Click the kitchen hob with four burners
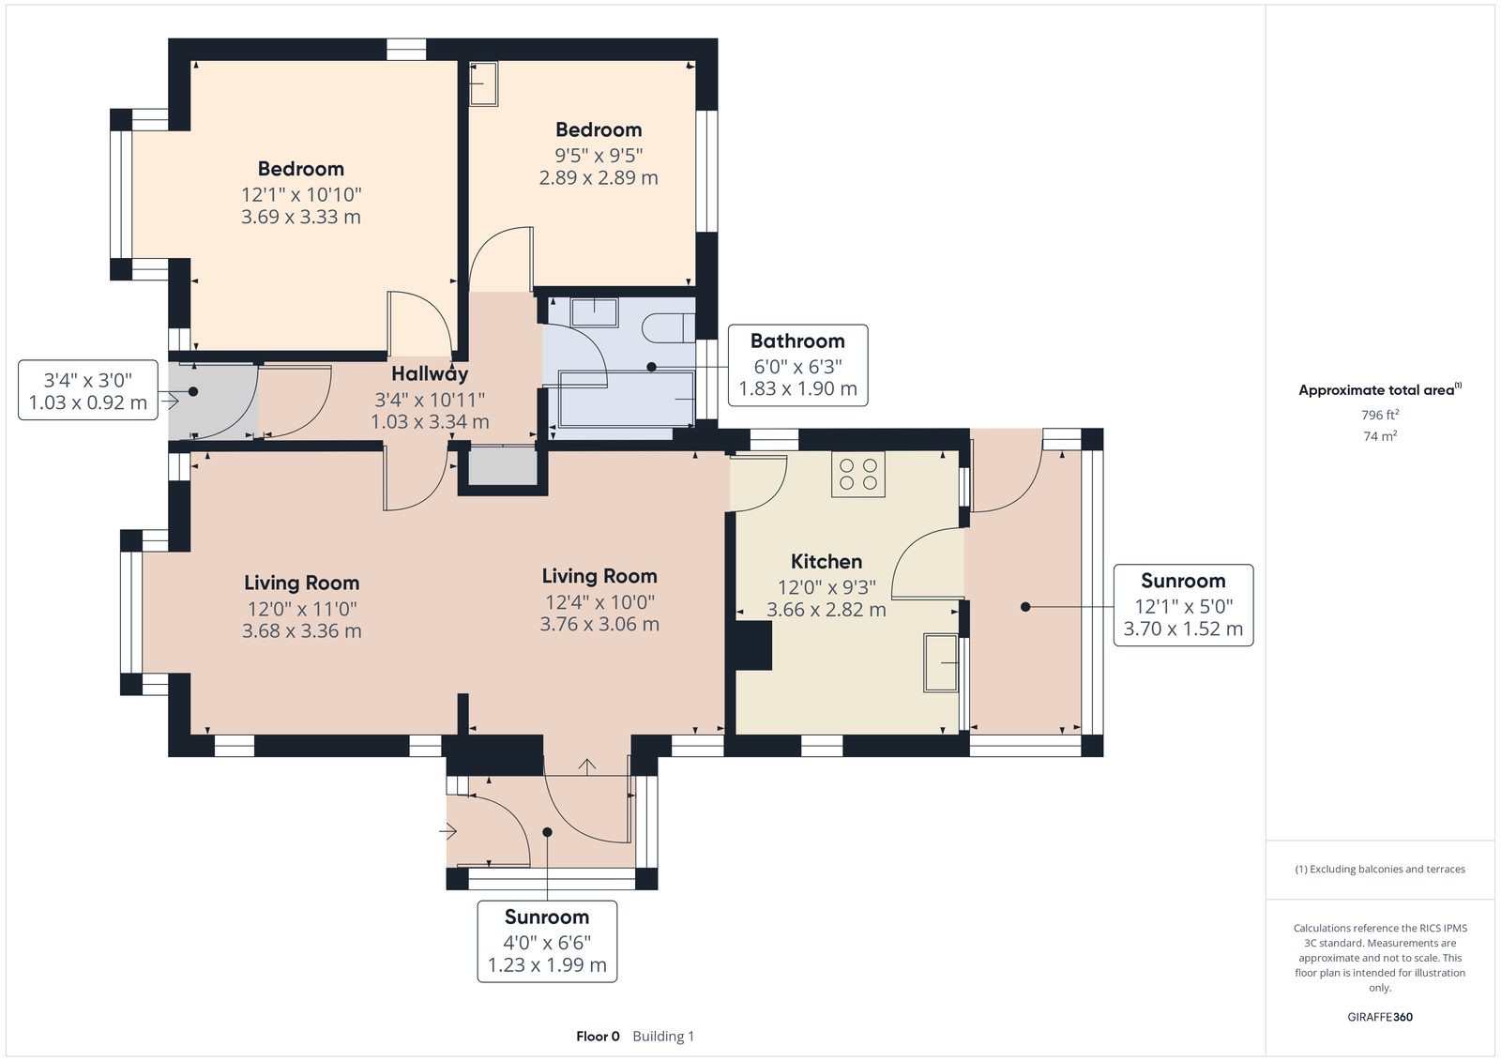tap(857, 474)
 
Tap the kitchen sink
tap(941, 662)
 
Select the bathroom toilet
tap(669, 327)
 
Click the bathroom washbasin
tap(594, 312)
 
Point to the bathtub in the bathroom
tap(625, 399)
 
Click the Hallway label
tap(430, 373)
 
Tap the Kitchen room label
tap(826, 561)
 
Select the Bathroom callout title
tap(797, 341)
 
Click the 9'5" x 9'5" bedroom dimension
tap(599, 156)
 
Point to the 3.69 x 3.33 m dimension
tap(301, 217)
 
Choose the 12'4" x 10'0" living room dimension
tap(599, 602)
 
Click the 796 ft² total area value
tap(1380, 415)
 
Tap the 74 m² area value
tap(1380, 436)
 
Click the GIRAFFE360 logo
tap(1380, 1017)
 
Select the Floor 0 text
tap(598, 1037)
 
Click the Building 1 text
tap(663, 1037)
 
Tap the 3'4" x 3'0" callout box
tap(88, 390)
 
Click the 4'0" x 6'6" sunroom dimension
tap(547, 943)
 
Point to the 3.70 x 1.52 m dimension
tap(1183, 629)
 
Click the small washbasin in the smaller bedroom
tap(483, 83)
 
